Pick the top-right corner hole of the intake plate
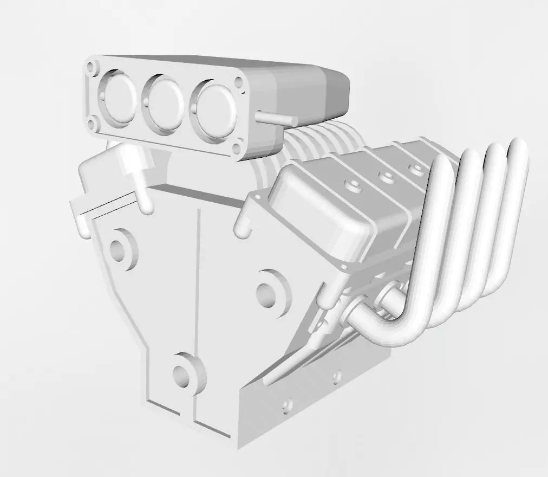pyautogui.click(x=238, y=82)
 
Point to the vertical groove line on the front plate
pyautogui.click(x=199, y=271)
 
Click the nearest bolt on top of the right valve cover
pyautogui.click(x=353, y=185)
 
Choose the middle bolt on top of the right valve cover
pyautogui.click(x=386, y=175)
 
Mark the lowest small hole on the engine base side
pyautogui.click(x=288, y=404)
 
